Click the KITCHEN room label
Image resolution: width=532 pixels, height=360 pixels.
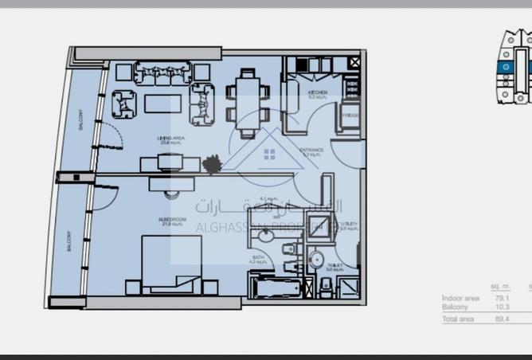tap(317, 93)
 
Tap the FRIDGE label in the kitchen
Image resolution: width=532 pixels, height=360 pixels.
tap(350, 115)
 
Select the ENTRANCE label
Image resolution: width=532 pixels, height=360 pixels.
tap(311, 150)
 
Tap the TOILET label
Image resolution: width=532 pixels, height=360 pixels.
tap(334, 267)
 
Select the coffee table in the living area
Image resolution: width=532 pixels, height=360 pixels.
tap(162, 104)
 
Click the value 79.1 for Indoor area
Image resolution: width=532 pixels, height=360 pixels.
tap(500, 298)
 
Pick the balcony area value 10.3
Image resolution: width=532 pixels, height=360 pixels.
tap(500, 307)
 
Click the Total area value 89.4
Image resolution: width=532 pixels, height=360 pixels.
tap(500, 319)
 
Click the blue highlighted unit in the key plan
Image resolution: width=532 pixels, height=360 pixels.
tap(506, 68)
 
